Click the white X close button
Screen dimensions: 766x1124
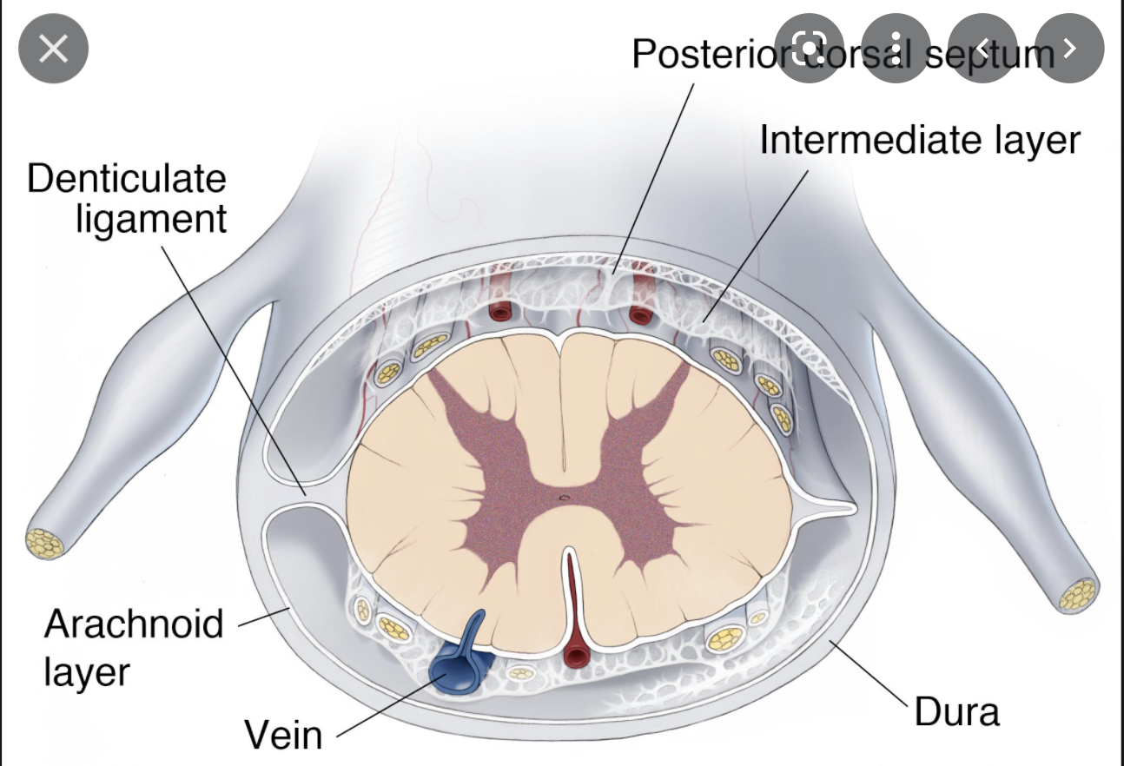[54, 50]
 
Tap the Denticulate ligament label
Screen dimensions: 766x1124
[127, 198]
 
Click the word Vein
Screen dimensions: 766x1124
[283, 735]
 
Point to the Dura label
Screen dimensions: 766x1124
[956, 712]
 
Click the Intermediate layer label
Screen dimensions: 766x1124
[919, 141]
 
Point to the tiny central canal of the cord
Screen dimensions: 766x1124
[564, 498]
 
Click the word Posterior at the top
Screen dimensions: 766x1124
[708, 54]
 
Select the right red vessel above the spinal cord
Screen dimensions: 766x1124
[641, 314]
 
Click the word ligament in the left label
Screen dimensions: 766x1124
[151, 219]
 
